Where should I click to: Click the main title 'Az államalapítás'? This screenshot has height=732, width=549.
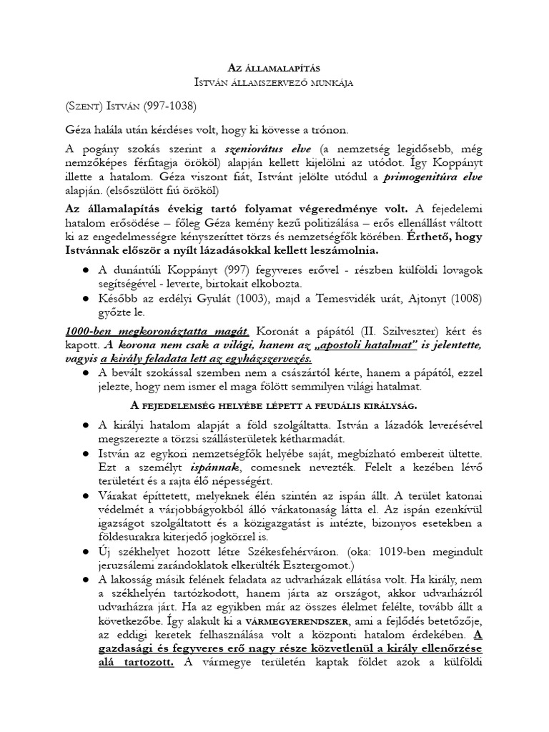tap(274, 66)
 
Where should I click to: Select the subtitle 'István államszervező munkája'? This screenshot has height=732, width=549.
tap(274, 82)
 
